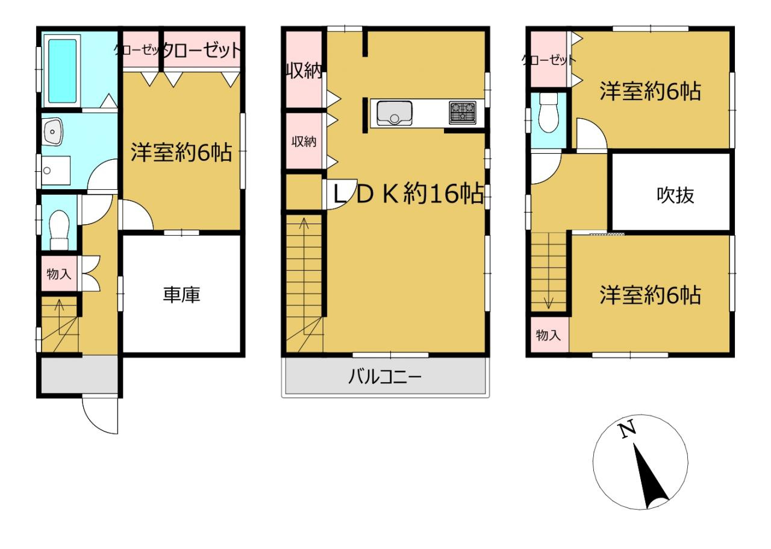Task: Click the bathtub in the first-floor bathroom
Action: [62, 71]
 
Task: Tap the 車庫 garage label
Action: [181, 295]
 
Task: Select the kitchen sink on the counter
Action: [395, 113]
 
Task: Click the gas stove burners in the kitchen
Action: [463, 113]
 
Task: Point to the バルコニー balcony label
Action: [385, 377]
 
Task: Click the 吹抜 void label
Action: [675, 195]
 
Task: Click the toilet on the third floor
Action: [548, 112]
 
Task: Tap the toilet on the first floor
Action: [59, 230]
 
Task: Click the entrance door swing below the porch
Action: [100, 416]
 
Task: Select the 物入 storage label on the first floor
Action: [59, 274]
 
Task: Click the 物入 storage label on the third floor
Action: [548, 335]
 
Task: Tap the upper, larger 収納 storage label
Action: [304, 71]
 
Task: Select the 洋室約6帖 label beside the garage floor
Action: [181, 152]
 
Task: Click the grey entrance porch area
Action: [80, 375]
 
